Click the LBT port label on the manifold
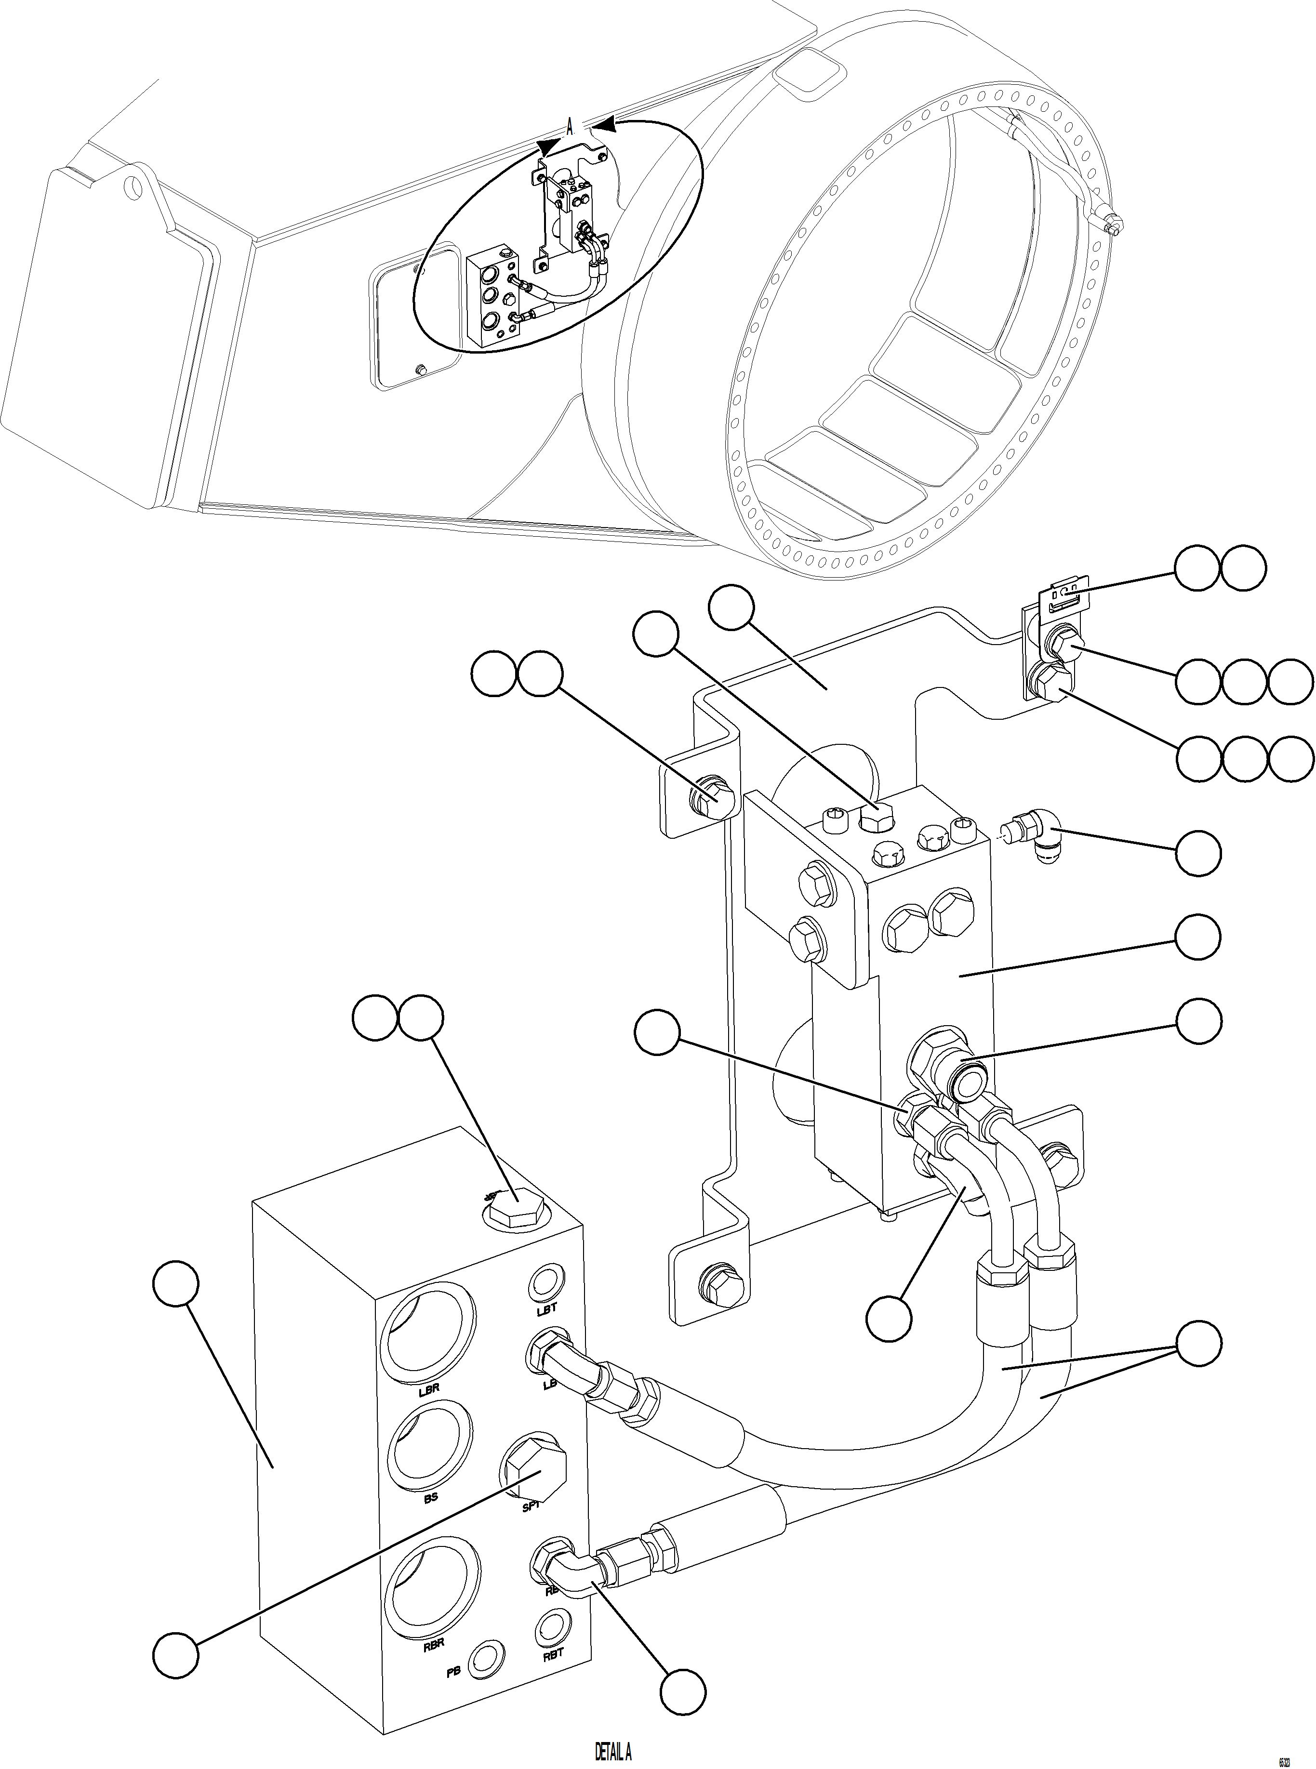[547, 1308]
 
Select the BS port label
[430, 1497]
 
